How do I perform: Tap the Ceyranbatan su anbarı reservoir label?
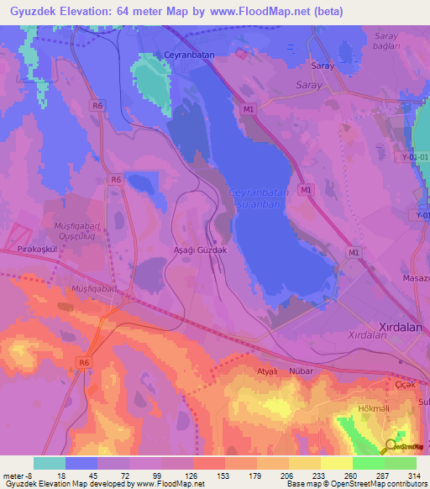click(x=258, y=198)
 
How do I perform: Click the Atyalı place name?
click(x=266, y=370)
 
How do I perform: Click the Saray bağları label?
click(x=385, y=41)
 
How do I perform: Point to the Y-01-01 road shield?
click(x=415, y=156)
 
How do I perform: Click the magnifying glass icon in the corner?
click(x=391, y=447)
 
